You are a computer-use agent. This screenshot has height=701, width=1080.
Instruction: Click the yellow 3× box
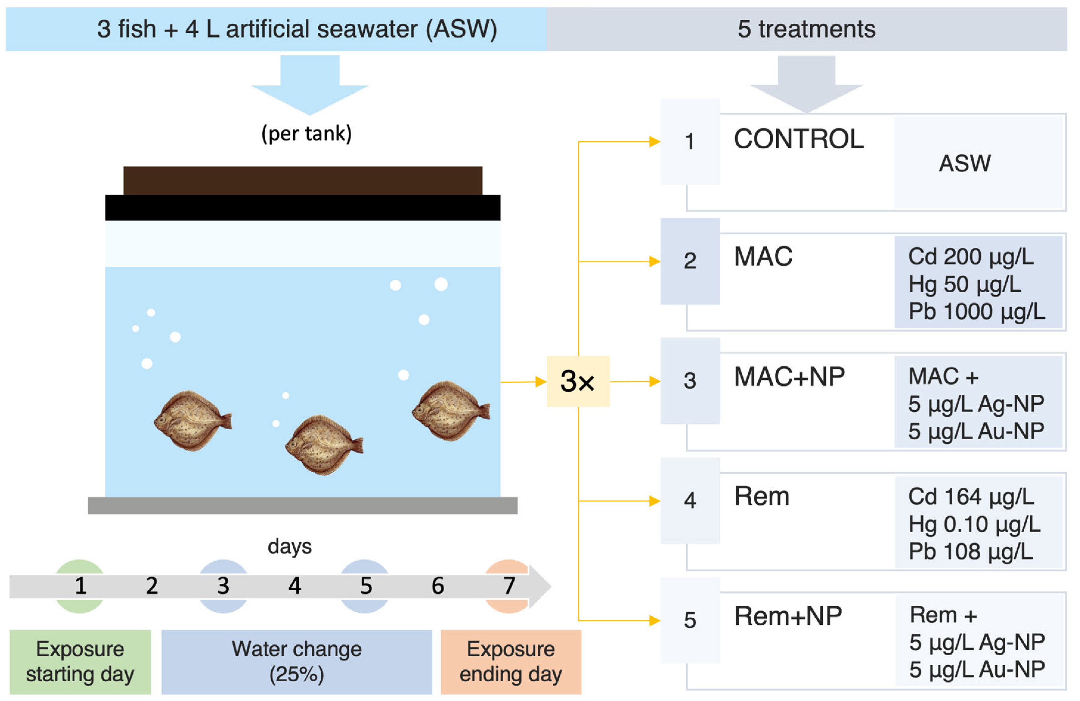578,381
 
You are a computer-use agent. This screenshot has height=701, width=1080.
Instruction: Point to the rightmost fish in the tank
450,410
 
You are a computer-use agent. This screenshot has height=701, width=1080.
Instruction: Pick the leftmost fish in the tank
192,420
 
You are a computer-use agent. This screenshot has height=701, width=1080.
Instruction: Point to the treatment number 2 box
690,261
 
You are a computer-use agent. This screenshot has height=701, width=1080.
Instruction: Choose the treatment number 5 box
690,620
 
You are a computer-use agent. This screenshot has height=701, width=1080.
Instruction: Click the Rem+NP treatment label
788,616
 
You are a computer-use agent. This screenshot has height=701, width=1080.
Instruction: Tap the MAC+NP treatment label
789,377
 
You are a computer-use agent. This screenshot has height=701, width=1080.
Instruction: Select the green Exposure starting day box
80,661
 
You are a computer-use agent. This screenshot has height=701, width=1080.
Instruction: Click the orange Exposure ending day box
510,661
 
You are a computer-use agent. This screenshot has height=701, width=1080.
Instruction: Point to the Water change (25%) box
296,661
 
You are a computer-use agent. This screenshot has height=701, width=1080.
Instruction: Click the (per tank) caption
306,133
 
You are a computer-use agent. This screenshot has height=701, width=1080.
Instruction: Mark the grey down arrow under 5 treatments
806,84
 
